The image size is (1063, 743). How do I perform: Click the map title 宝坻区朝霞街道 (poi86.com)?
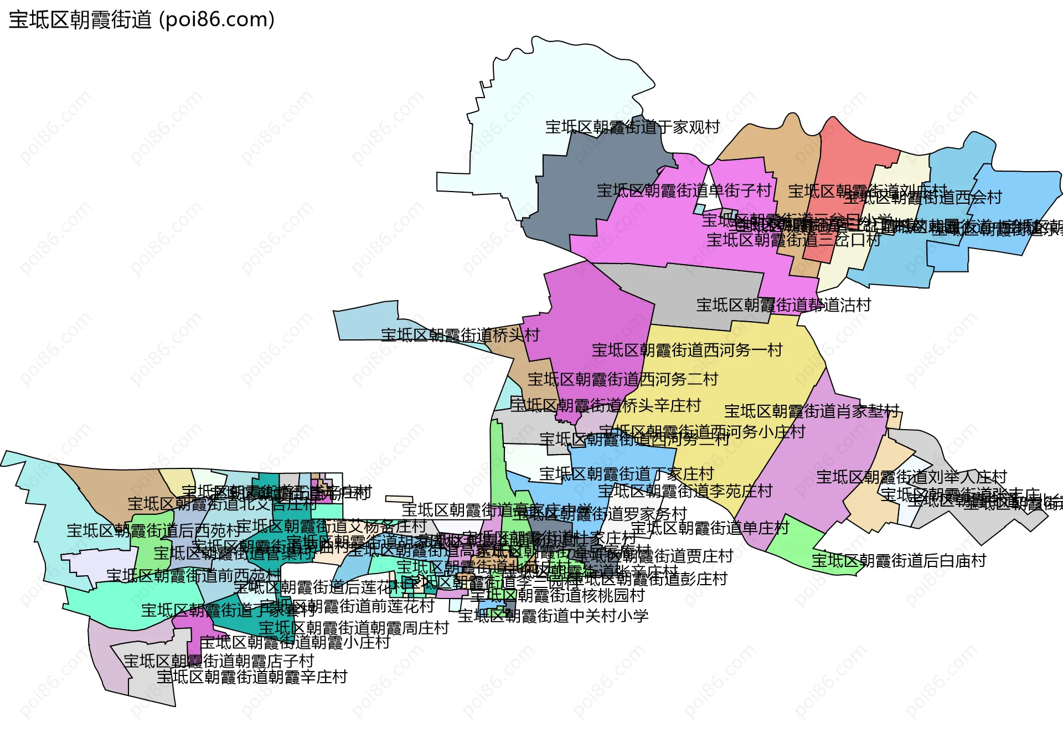pos(142,20)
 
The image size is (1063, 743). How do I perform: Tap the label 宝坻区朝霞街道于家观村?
pos(632,127)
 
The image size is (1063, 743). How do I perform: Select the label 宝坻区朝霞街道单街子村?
pos(684,191)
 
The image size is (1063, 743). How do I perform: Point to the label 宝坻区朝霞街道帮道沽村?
pos(783,305)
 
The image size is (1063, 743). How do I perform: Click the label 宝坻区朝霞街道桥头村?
pos(460,336)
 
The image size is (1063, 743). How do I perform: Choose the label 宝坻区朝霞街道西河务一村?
pos(687,350)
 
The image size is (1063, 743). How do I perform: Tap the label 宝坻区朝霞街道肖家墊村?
pos(812,411)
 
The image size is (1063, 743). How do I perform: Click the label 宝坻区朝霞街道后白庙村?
pos(899,561)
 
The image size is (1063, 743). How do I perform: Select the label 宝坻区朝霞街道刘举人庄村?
pos(911,477)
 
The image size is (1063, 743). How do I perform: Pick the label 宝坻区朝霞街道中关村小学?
pos(553,616)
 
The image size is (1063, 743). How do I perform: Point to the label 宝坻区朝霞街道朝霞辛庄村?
pos(252,677)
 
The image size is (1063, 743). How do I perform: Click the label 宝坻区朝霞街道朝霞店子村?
pos(219,661)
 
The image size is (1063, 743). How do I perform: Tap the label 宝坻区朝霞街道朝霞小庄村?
pos(295,643)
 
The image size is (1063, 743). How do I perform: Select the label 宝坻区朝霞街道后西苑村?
pos(154,531)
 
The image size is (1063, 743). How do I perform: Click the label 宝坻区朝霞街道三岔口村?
pos(793,240)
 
